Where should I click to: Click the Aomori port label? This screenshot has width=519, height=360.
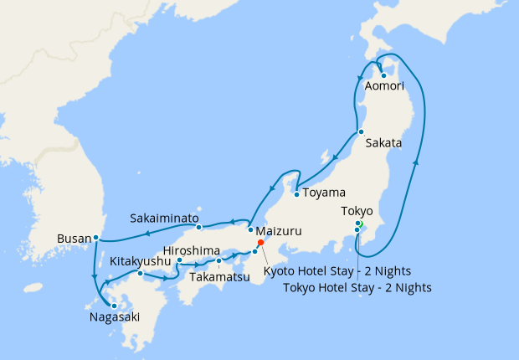point(384,86)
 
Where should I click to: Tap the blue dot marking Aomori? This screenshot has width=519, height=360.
point(383,76)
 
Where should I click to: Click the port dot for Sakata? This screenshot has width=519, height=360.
point(360,131)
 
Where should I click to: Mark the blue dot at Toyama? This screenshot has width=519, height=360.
point(296,195)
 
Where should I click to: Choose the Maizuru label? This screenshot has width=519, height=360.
point(280,230)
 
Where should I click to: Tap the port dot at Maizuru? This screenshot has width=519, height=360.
point(250,229)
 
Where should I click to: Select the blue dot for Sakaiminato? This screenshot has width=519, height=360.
point(198,227)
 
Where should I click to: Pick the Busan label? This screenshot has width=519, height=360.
point(73,239)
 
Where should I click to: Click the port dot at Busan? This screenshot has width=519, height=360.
point(96,237)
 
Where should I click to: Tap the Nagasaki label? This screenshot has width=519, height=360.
point(115,317)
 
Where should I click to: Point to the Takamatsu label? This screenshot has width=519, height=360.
point(219,276)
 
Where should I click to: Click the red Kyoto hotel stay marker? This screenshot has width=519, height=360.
point(261,242)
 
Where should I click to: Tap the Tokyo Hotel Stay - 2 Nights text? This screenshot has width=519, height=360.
point(357,288)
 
